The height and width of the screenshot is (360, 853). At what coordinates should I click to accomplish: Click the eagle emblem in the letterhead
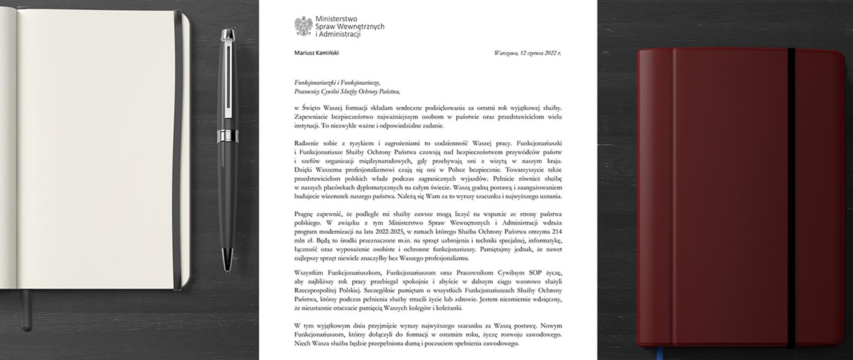click(303, 26)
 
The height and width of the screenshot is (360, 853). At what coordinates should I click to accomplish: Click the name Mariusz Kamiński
click(316, 53)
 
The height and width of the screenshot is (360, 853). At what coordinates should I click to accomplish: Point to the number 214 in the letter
click(557, 232)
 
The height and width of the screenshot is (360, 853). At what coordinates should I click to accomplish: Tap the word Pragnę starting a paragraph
click(303, 214)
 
